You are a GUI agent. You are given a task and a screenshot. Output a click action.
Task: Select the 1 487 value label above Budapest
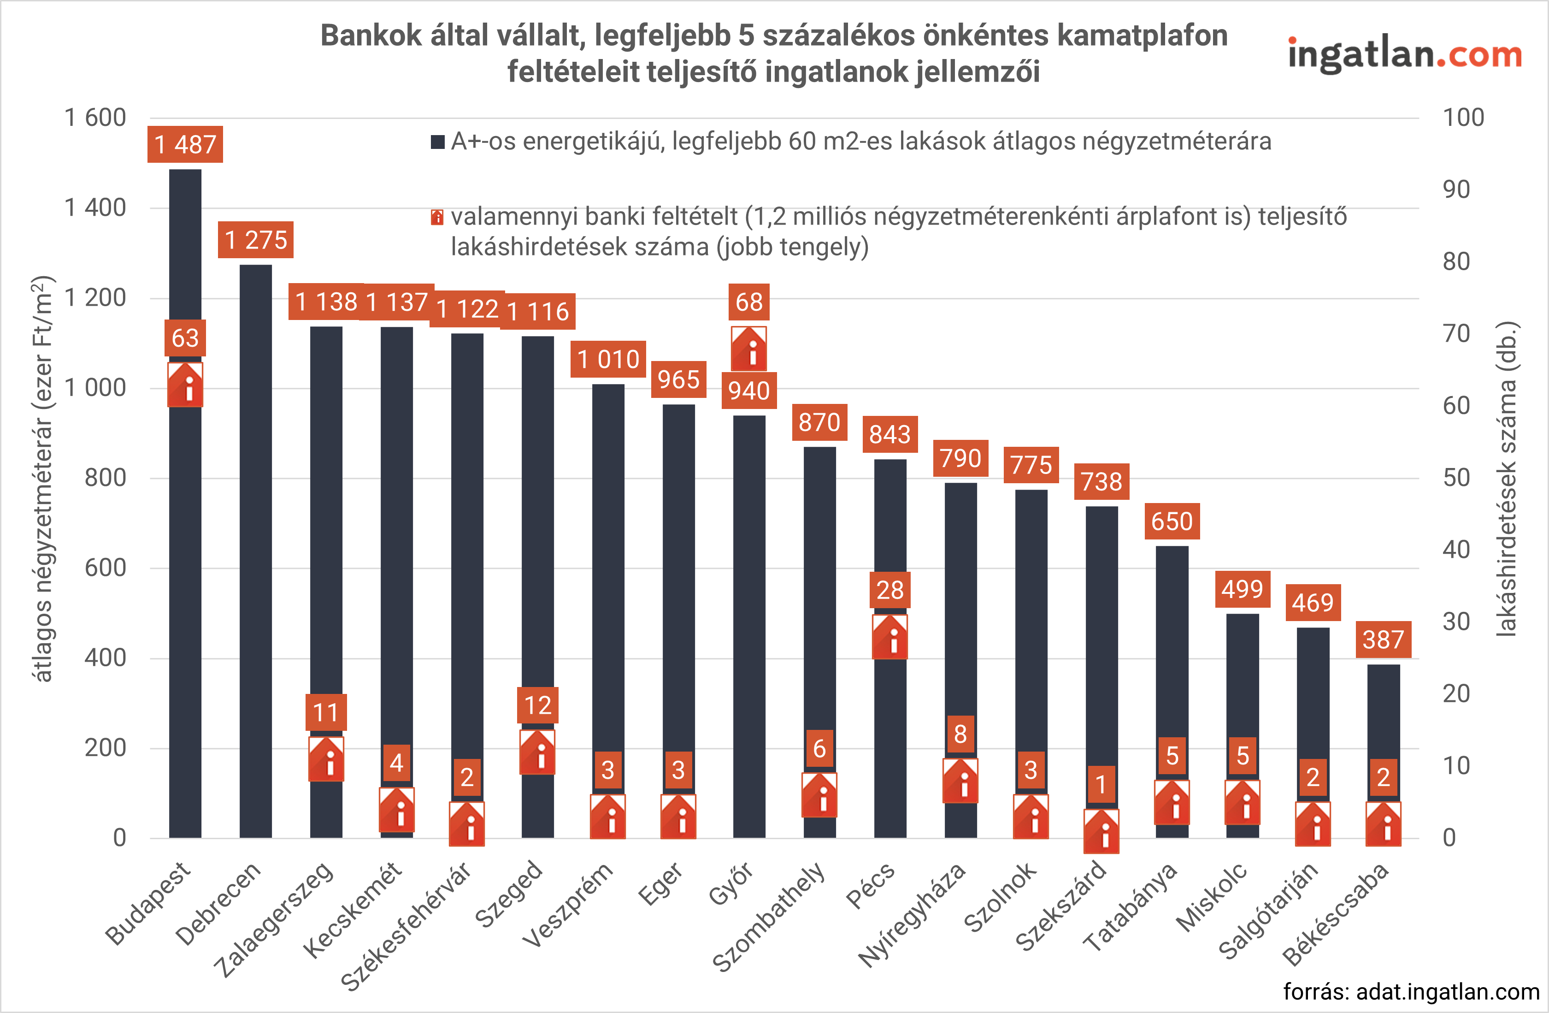coord(185,144)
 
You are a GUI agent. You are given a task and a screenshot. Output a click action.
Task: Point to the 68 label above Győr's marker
coord(748,302)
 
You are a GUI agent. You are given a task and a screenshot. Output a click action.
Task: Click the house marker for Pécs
coord(889,637)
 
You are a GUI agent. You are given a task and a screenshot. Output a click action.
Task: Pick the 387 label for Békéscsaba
coord(1383,640)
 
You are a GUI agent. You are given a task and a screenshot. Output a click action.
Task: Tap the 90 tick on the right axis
coord(1456,190)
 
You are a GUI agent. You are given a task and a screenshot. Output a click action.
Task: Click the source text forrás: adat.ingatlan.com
coord(1411,991)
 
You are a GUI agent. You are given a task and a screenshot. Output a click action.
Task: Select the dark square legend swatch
coord(438,141)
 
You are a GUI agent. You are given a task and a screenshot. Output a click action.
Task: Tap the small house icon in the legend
coord(437,217)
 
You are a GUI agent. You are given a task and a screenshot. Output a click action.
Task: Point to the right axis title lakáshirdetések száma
coord(1506,479)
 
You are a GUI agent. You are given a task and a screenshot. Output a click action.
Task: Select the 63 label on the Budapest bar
coord(185,338)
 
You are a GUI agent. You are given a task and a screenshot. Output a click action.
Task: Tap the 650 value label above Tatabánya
coord(1172,521)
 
